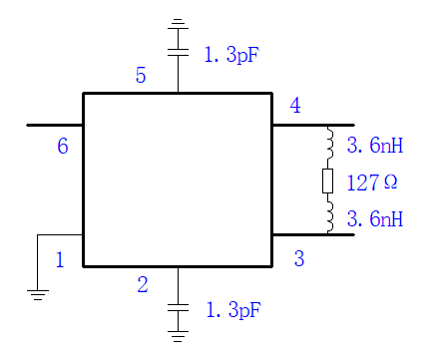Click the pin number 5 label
pos(141,75)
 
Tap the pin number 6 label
pos(63,146)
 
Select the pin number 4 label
pos(295,106)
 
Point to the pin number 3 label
pos(299,258)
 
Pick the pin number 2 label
pos(143,284)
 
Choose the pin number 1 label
pos(60,259)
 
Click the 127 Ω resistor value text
pos(372,182)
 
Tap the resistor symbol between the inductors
pos(327,180)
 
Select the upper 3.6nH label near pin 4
pos(375,146)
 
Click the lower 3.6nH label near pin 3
pos(375,218)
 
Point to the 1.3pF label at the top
pos(231,55)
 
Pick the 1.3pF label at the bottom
pos(233,310)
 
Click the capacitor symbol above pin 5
pos(178,52)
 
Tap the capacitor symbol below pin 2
pos(178,307)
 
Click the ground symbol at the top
pos(178,24)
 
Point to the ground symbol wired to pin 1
pos(38,295)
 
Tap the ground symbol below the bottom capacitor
pos(178,336)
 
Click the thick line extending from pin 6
pos(55,126)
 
